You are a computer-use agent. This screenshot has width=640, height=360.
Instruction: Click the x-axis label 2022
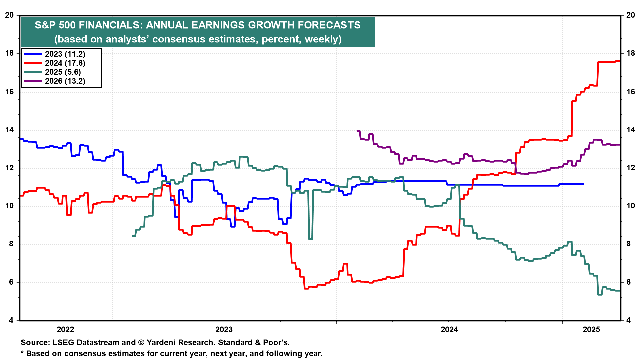pyautogui.click(x=65, y=330)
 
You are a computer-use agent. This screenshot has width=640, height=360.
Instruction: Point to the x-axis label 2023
pyautogui.click(x=224, y=330)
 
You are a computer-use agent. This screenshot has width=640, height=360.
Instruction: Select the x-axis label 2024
pyautogui.click(x=449, y=330)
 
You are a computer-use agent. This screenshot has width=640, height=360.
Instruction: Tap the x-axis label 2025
pyautogui.click(x=591, y=330)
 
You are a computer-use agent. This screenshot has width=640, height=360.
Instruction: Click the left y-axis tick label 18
pyautogui.click(x=10, y=53)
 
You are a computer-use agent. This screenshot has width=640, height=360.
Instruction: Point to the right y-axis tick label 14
pyautogui.click(x=631, y=130)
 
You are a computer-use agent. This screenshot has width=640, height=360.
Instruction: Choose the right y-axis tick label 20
pyautogui.click(x=631, y=15)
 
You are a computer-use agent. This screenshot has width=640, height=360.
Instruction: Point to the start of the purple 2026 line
pyautogui.click(x=357, y=131)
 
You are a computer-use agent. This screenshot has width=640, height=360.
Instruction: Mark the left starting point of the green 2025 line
pyautogui.click(x=133, y=236)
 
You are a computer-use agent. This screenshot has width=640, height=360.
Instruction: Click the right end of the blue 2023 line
pyautogui.click(x=583, y=184)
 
